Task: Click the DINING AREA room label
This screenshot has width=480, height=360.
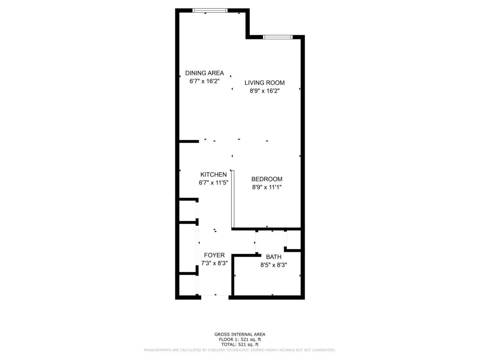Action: [x=204, y=73]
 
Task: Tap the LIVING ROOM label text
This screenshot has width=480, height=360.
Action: [x=264, y=83]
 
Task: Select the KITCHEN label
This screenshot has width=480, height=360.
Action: [x=214, y=175]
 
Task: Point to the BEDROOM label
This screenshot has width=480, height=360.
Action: [x=266, y=179]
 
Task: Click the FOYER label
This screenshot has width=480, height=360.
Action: [x=214, y=255]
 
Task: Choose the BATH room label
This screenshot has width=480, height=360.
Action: [x=273, y=257]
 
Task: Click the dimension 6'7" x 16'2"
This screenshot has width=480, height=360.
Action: [x=204, y=81]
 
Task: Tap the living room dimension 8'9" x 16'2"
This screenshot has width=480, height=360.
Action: [x=265, y=91]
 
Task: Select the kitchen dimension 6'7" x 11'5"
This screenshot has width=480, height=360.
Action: [x=214, y=182]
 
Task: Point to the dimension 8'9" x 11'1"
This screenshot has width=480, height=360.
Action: [x=266, y=187]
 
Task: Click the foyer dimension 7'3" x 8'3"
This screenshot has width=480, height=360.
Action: [x=214, y=263]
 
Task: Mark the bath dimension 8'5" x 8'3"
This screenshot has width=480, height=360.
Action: [x=273, y=265]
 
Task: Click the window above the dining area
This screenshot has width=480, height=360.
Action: [x=210, y=10]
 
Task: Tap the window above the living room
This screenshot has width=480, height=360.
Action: [x=277, y=37]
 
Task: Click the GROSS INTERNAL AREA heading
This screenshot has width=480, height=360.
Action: [x=240, y=334]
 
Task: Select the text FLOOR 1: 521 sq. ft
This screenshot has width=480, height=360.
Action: [x=240, y=339]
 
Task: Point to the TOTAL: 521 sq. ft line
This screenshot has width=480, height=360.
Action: [x=240, y=345]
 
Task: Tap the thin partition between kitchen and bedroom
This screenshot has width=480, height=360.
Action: [x=233, y=199]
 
